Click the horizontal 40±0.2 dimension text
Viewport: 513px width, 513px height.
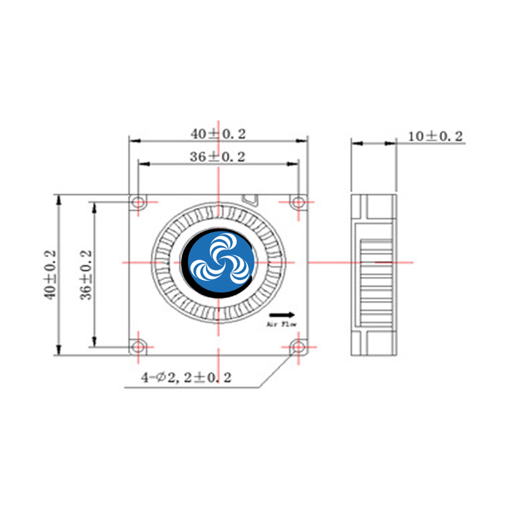pyautogui.click(x=218, y=134)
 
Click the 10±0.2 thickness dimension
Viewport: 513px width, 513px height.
pyautogui.click(x=435, y=136)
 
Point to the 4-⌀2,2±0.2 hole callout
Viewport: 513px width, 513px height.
pyautogui.click(x=186, y=378)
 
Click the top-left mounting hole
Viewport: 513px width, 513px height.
pyautogui.click(x=137, y=203)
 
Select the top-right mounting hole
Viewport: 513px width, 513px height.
pyautogui.click(x=298, y=203)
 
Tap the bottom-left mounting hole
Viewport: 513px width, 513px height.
pyautogui.click(x=137, y=346)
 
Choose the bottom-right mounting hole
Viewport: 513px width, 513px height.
pyautogui.click(x=298, y=346)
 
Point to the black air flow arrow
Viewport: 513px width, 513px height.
pyautogui.click(x=282, y=314)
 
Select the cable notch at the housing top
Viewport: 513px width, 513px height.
pyautogui.click(x=251, y=199)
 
